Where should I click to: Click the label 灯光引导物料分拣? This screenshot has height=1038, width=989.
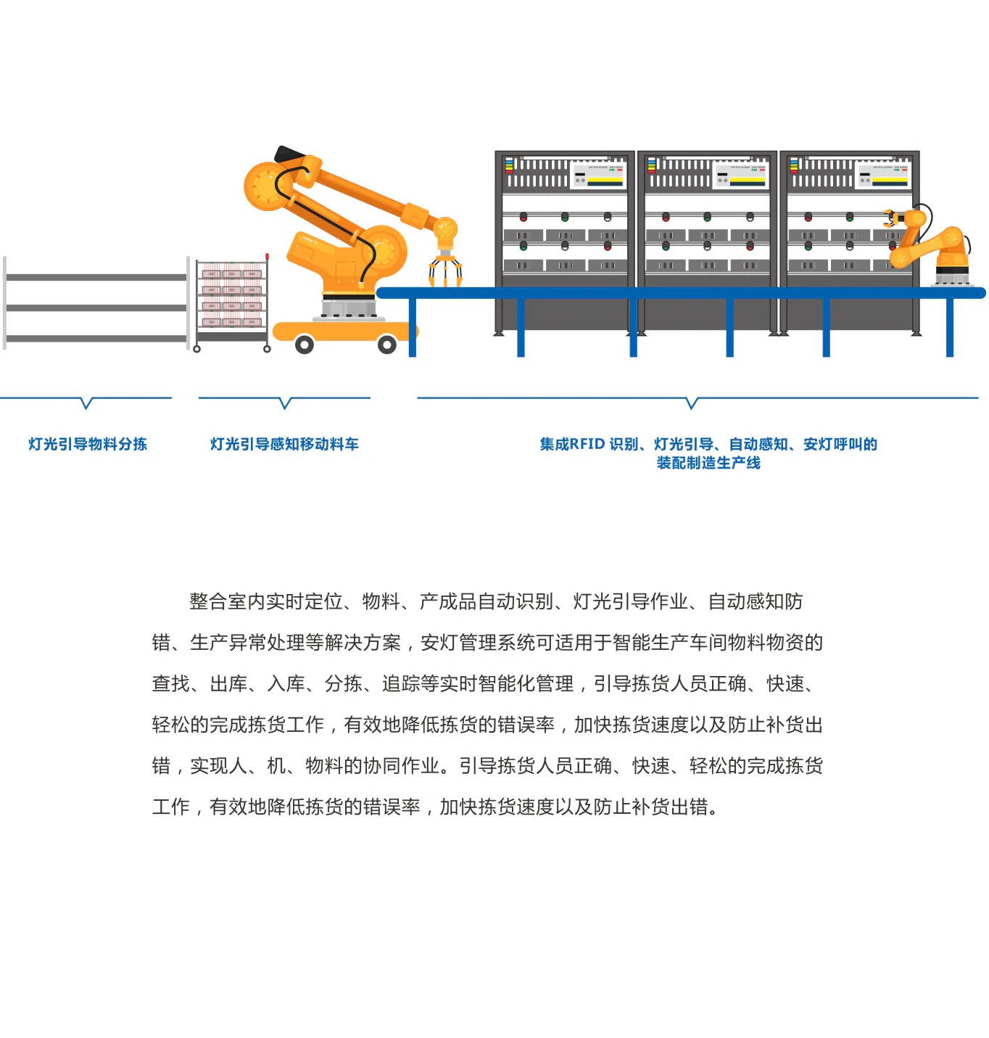88,444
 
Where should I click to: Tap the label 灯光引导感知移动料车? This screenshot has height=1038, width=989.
284,444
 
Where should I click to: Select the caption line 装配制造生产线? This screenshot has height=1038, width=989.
708,463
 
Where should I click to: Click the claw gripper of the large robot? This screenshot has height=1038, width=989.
445,268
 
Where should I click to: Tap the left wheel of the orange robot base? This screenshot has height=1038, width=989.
304,345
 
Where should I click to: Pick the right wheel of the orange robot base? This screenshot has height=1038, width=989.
387,345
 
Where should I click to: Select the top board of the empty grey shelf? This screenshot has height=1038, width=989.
97,278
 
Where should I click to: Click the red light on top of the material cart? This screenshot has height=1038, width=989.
267,257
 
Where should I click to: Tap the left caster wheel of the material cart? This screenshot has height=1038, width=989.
196,349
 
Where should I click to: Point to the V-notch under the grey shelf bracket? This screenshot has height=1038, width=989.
86,404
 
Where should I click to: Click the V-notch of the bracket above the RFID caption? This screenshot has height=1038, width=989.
691,404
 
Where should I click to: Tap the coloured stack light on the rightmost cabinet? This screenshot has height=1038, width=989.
794,165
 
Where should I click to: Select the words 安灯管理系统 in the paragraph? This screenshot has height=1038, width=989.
478,643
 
